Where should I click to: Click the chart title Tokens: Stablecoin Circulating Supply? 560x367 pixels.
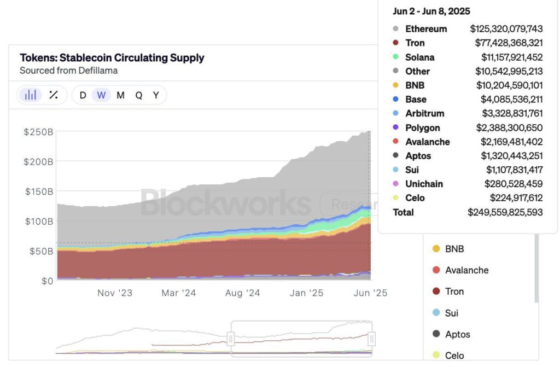[112, 58]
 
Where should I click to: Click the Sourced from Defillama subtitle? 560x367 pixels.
[68, 71]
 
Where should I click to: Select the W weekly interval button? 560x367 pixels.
[101, 95]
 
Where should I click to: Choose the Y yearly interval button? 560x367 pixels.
[156, 95]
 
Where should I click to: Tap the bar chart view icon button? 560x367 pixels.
[31, 95]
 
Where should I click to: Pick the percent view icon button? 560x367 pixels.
[54, 95]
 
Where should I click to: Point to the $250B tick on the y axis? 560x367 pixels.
[38, 132]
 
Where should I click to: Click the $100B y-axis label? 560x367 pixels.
[38, 222]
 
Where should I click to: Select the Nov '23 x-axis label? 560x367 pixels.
[115, 293]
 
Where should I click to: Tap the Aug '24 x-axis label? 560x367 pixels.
[242, 293]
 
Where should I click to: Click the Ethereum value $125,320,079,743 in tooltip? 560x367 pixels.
[506, 29]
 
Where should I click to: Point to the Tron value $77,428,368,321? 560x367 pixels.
[509, 43]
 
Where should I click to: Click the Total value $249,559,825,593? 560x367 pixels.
[505, 212]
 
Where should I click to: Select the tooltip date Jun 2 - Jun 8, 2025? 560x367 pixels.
[431, 11]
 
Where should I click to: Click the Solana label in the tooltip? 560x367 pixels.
[419, 57]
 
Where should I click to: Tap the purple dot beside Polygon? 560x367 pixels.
[396, 128]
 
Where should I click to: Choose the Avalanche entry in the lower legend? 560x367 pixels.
[466, 270]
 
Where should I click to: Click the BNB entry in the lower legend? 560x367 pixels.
[454, 249]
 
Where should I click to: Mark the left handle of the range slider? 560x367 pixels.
[231, 339]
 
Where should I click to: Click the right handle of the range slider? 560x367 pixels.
[371, 339]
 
